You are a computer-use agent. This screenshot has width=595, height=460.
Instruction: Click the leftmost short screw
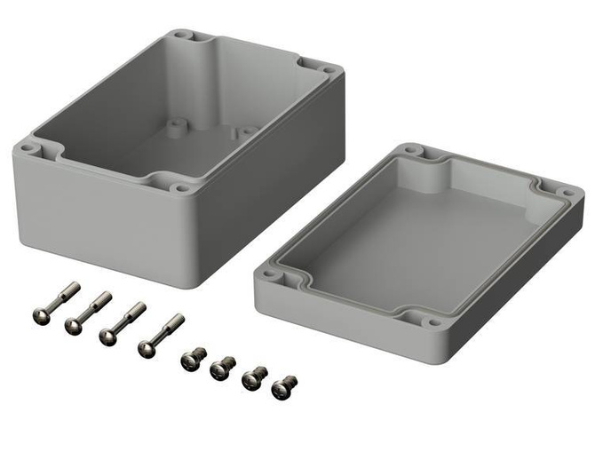coord(193,358)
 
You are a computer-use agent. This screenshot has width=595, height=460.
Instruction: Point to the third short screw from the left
coord(253,378)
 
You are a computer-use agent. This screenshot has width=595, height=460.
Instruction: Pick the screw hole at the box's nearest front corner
coord(182,188)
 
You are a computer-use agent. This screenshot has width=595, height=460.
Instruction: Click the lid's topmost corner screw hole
coord(410,151)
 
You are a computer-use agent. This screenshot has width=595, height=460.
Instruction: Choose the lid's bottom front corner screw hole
coord(432,321)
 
